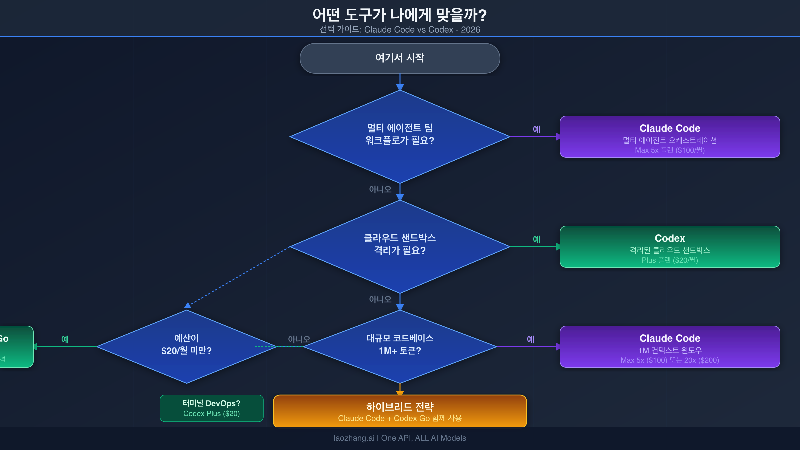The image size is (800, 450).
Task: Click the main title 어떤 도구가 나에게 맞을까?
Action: tap(400, 15)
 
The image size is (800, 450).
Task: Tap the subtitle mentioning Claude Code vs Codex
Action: tap(400, 30)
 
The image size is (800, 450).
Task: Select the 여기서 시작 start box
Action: tap(400, 58)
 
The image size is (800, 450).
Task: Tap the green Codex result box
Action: tap(670, 246)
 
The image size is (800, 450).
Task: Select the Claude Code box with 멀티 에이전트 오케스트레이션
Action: tap(670, 136)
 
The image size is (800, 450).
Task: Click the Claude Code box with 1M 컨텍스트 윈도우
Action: tap(670, 346)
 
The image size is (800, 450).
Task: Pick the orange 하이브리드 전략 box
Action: tap(400, 411)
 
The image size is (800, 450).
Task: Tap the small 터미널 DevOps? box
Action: tap(211, 408)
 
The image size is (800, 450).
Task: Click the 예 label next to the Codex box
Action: tap(536, 239)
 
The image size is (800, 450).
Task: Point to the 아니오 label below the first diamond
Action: tap(380, 189)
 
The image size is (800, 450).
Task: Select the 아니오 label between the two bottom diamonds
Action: tap(299, 339)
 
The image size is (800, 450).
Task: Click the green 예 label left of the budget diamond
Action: tap(65, 339)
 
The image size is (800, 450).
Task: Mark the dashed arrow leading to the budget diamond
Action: tap(238, 276)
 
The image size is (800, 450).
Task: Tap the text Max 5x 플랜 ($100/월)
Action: tap(670, 150)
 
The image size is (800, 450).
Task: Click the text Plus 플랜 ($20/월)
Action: tap(670, 260)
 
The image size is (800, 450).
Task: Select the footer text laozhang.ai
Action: tap(354, 438)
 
